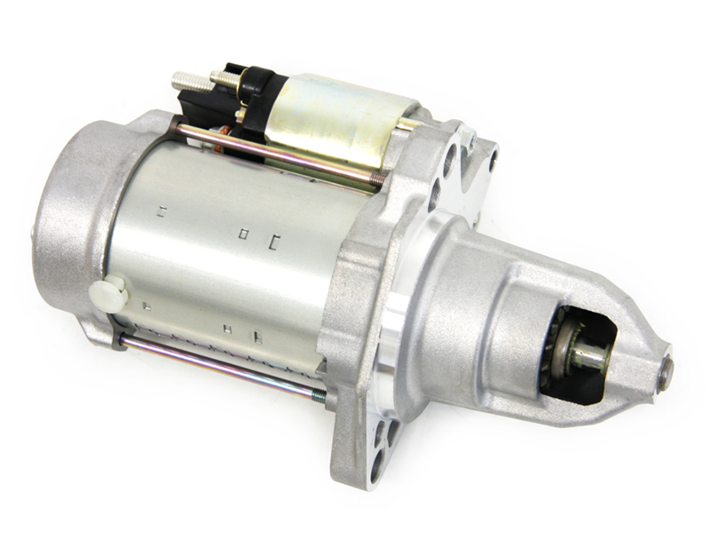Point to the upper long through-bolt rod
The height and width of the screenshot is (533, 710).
click(x=275, y=156)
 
